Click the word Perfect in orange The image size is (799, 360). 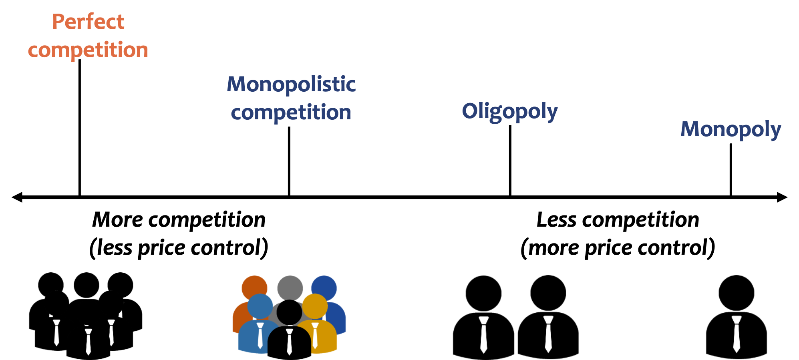click(x=88, y=22)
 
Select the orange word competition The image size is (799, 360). click(x=88, y=50)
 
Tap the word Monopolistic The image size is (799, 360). click(x=291, y=84)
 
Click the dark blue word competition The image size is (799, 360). click(x=291, y=113)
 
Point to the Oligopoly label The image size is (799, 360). click(x=509, y=111)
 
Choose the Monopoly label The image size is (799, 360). click(x=731, y=129)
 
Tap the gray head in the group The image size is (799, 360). click(x=290, y=287)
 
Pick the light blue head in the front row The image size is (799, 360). click(x=260, y=306)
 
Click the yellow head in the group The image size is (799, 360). click(x=315, y=306)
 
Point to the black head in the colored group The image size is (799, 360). click(x=289, y=313)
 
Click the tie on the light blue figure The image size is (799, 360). click(x=260, y=335)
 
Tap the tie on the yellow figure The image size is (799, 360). click(x=315, y=335)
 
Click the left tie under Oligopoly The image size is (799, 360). click(x=484, y=334)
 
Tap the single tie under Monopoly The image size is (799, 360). click(x=737, y=334)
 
